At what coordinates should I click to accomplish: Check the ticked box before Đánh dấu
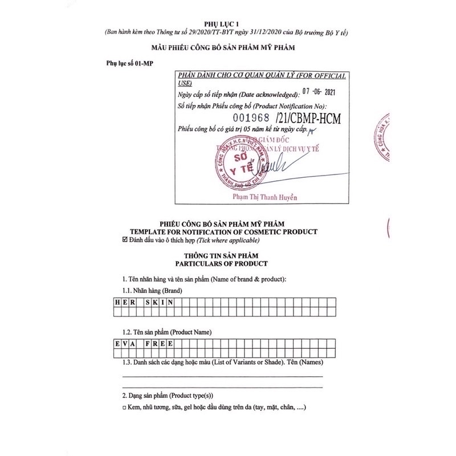pos(125,240)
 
